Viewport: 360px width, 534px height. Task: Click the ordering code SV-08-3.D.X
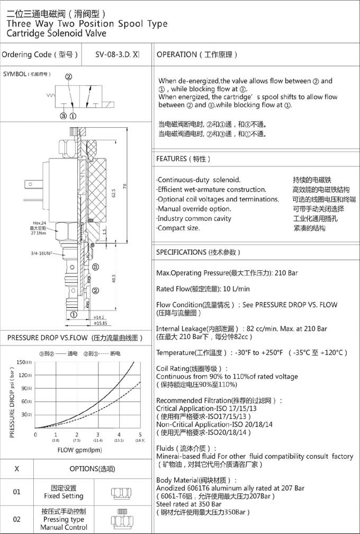coord(117,55)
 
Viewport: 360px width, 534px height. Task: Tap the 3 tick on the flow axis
coord(98,435)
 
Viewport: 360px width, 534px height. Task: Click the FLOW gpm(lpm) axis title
coord(79,450)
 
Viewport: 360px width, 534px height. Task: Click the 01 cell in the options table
coord(16,492)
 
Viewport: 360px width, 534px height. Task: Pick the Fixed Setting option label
coord(64,492)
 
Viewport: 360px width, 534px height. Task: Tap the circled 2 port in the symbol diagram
coord(69,76)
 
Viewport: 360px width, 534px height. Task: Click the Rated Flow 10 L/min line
coord(203,289)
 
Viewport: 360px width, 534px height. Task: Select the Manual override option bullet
coord(194,209)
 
